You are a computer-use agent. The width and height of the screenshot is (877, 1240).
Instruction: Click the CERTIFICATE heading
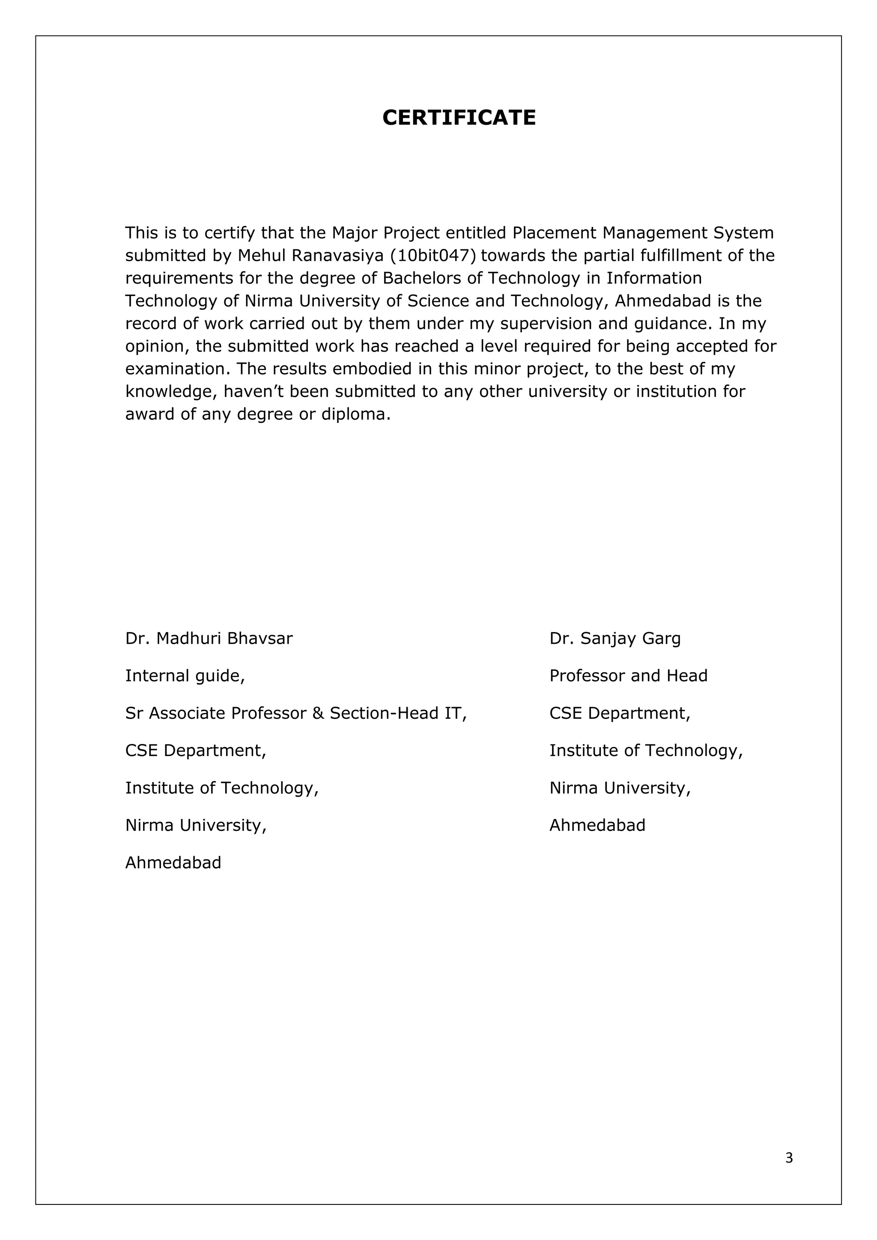click(x=459, y=118)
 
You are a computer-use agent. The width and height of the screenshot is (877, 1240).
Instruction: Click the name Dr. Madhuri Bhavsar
click(x=209, y=638)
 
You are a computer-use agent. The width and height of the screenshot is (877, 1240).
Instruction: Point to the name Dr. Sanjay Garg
click(x=614, y=638)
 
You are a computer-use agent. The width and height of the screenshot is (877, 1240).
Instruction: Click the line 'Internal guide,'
click(x=185, y=675)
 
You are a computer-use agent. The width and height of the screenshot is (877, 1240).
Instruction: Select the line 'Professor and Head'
click(x=628, y=675)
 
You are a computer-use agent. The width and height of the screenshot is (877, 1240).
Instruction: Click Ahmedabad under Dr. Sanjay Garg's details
click(x=597, y=825)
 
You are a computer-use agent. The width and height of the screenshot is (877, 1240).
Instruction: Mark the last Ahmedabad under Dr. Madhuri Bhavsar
click(x=173, y=863)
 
